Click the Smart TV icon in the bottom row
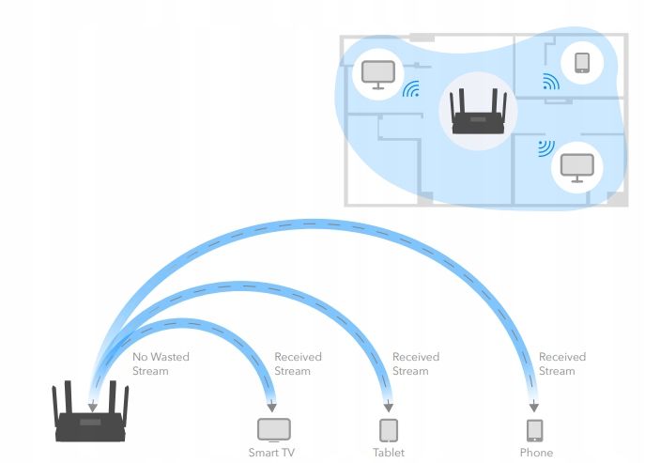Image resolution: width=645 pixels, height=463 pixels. [274, 430]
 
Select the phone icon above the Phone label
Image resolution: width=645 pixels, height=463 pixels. [535, 430]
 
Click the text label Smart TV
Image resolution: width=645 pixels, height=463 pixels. [271, 453]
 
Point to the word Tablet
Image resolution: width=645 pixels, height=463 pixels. [388, 453]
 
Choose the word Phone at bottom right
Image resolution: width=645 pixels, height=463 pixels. [536, 453]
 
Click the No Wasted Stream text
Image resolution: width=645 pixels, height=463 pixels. [150, 364]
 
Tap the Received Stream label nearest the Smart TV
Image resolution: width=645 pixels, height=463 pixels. [298, 364]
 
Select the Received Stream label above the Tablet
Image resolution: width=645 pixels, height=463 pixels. [415, 364]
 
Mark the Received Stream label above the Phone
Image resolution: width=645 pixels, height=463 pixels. [561, 364]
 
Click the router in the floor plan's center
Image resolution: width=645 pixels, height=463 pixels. [479, 113]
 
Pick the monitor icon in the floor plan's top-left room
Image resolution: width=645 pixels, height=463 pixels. [377, 75]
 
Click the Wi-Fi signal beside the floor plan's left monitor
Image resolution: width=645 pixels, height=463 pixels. [410, 89]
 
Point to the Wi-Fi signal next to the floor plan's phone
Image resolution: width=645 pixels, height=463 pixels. [550, 83]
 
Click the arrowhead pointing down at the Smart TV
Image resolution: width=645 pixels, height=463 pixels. [271, 409]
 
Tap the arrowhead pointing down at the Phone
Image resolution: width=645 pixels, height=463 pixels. [534, 409]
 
